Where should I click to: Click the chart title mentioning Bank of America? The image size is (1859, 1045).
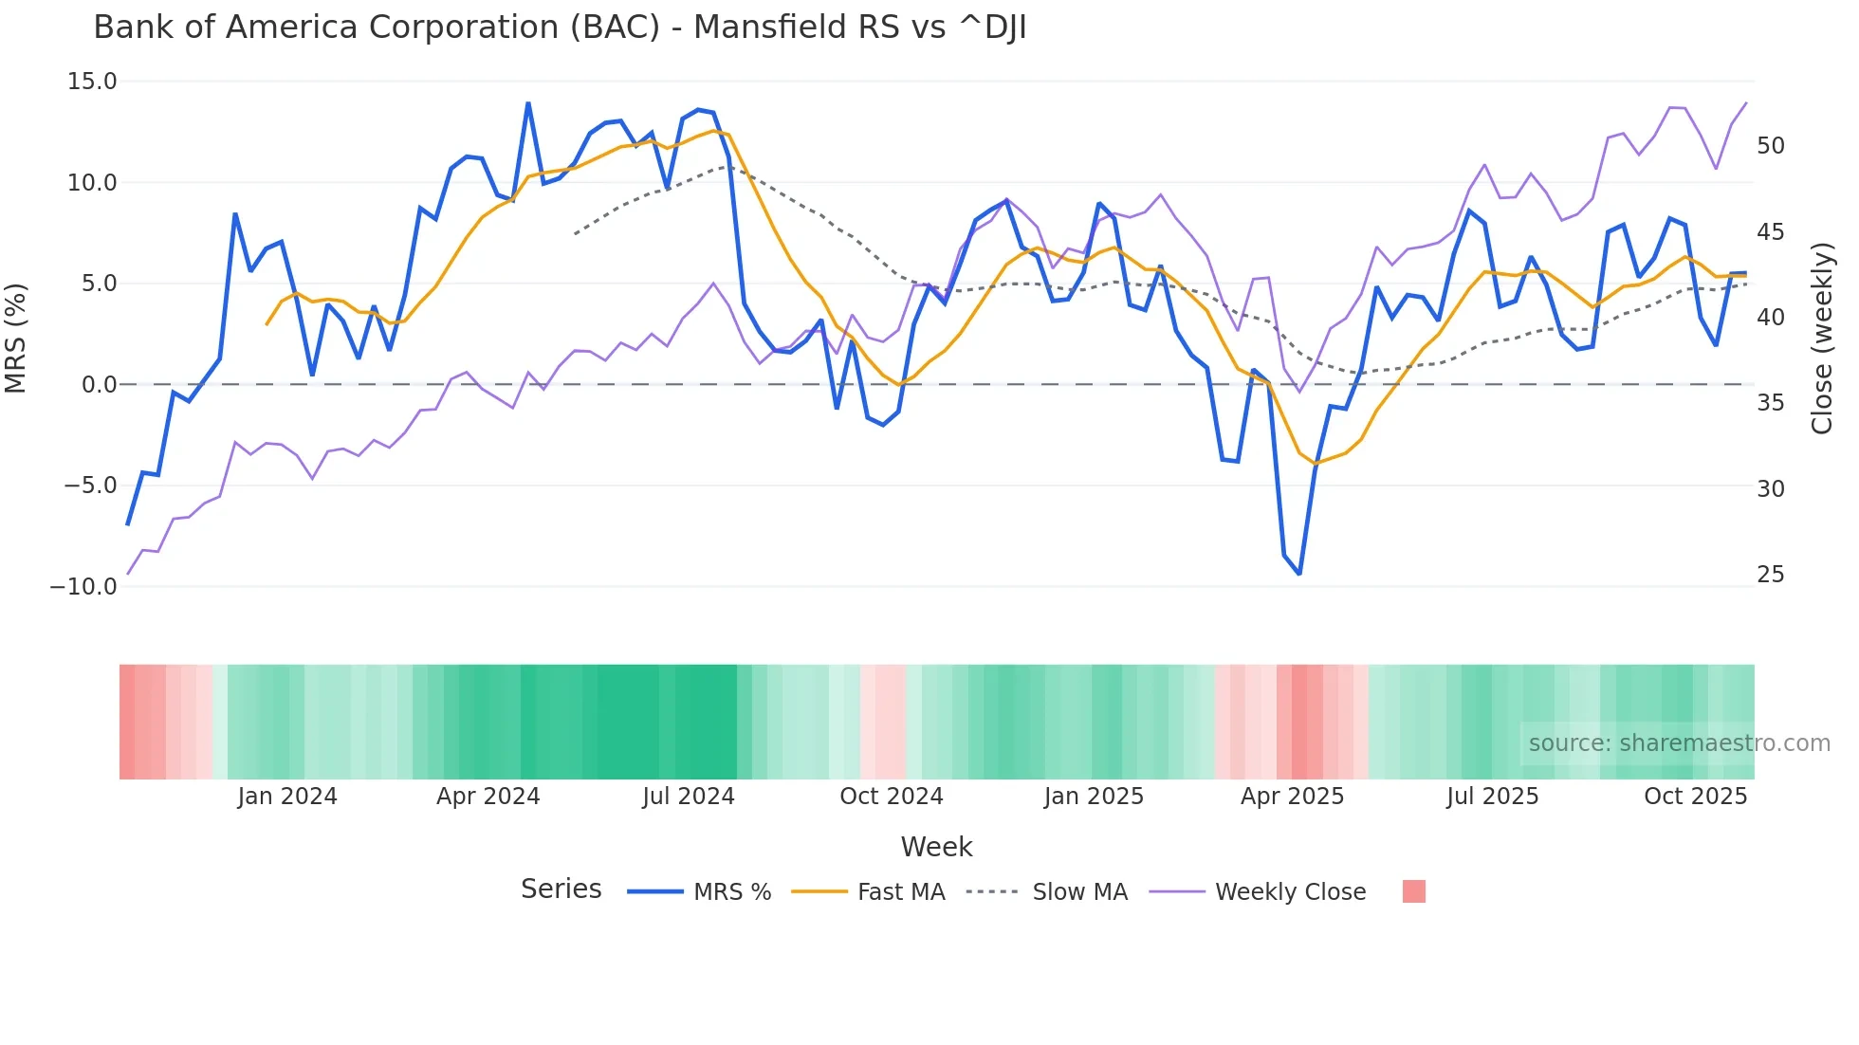(560, 27)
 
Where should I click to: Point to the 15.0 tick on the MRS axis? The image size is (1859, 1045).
(92, 82)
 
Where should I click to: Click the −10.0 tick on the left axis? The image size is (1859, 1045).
(84, 586)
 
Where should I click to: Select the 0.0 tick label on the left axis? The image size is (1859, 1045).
(99, 384)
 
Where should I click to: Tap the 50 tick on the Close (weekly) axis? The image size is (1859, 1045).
(1770, 146)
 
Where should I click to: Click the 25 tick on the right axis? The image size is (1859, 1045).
(1770, 575)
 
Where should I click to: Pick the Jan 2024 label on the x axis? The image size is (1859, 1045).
(287, 797)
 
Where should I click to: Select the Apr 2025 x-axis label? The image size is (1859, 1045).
(1292, 797)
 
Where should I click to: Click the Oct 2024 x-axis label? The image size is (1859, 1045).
(891, 797)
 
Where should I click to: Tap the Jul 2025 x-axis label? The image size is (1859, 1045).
(1492, 797)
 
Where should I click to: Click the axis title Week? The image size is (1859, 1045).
(936, 847)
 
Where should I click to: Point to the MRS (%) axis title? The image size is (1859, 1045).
(16, 338)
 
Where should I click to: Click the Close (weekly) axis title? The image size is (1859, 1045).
(1821, 338)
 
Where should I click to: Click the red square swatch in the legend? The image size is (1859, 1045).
(1413, 891)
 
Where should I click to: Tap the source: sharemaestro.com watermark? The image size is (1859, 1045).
(1679, 743)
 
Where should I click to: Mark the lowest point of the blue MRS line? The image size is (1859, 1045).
(1299, 574)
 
